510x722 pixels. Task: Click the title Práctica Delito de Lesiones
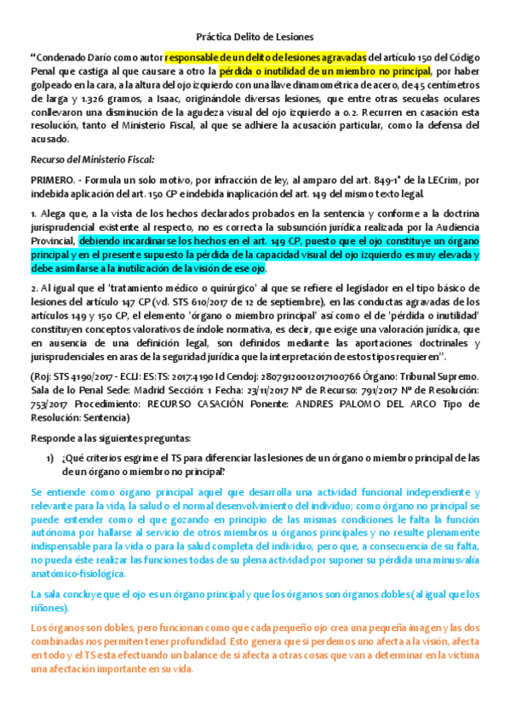pos(255,37)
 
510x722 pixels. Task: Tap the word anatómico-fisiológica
pos(78,573)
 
